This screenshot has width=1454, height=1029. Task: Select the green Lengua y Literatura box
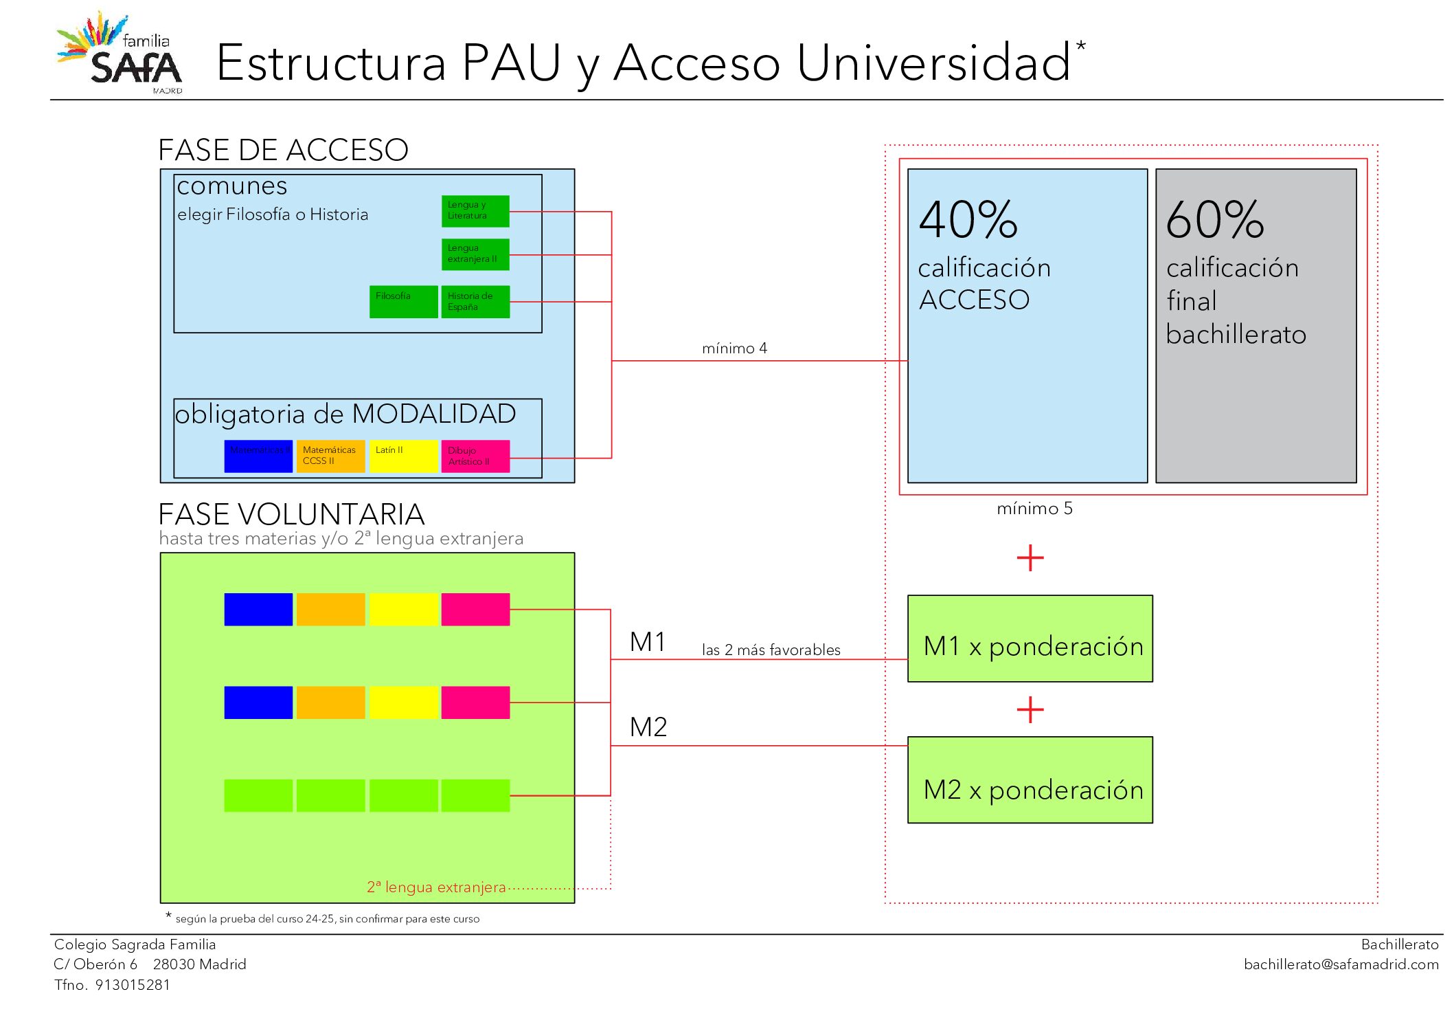click(x=475, y=211)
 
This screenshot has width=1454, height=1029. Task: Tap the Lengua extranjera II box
click(x=475, y=254)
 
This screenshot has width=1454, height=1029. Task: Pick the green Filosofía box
click(x=403, y=302)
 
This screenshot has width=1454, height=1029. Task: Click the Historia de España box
click(x=475, y=302)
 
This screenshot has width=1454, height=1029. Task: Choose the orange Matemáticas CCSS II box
click(x=330, y=456)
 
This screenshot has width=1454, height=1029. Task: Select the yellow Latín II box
click(x=403, y=456)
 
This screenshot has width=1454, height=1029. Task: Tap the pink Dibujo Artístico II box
click(x=475, y=456)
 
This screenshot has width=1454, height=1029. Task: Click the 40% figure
click(x=968, y=220)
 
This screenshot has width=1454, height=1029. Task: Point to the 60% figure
click(x=1214, y=220)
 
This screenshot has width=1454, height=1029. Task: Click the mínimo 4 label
click(x=734, y=348)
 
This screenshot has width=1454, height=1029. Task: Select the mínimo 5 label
click(x=1034, y=509)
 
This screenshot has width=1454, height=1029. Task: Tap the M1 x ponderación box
click(x=1030, y=639)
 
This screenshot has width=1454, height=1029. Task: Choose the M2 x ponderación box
click(x=1030, y=780)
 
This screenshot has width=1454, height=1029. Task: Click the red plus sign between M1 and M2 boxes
click(x=1030, y=709)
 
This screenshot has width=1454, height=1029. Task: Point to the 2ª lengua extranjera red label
click(x=436, y=887)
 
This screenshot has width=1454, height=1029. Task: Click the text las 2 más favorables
click(x=771, y=650)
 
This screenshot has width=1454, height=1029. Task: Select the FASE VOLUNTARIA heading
click(x=291, y=515)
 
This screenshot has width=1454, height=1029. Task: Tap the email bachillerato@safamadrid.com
click(x=1341, y=964)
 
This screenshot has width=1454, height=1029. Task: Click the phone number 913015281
click(x=133, y=985)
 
